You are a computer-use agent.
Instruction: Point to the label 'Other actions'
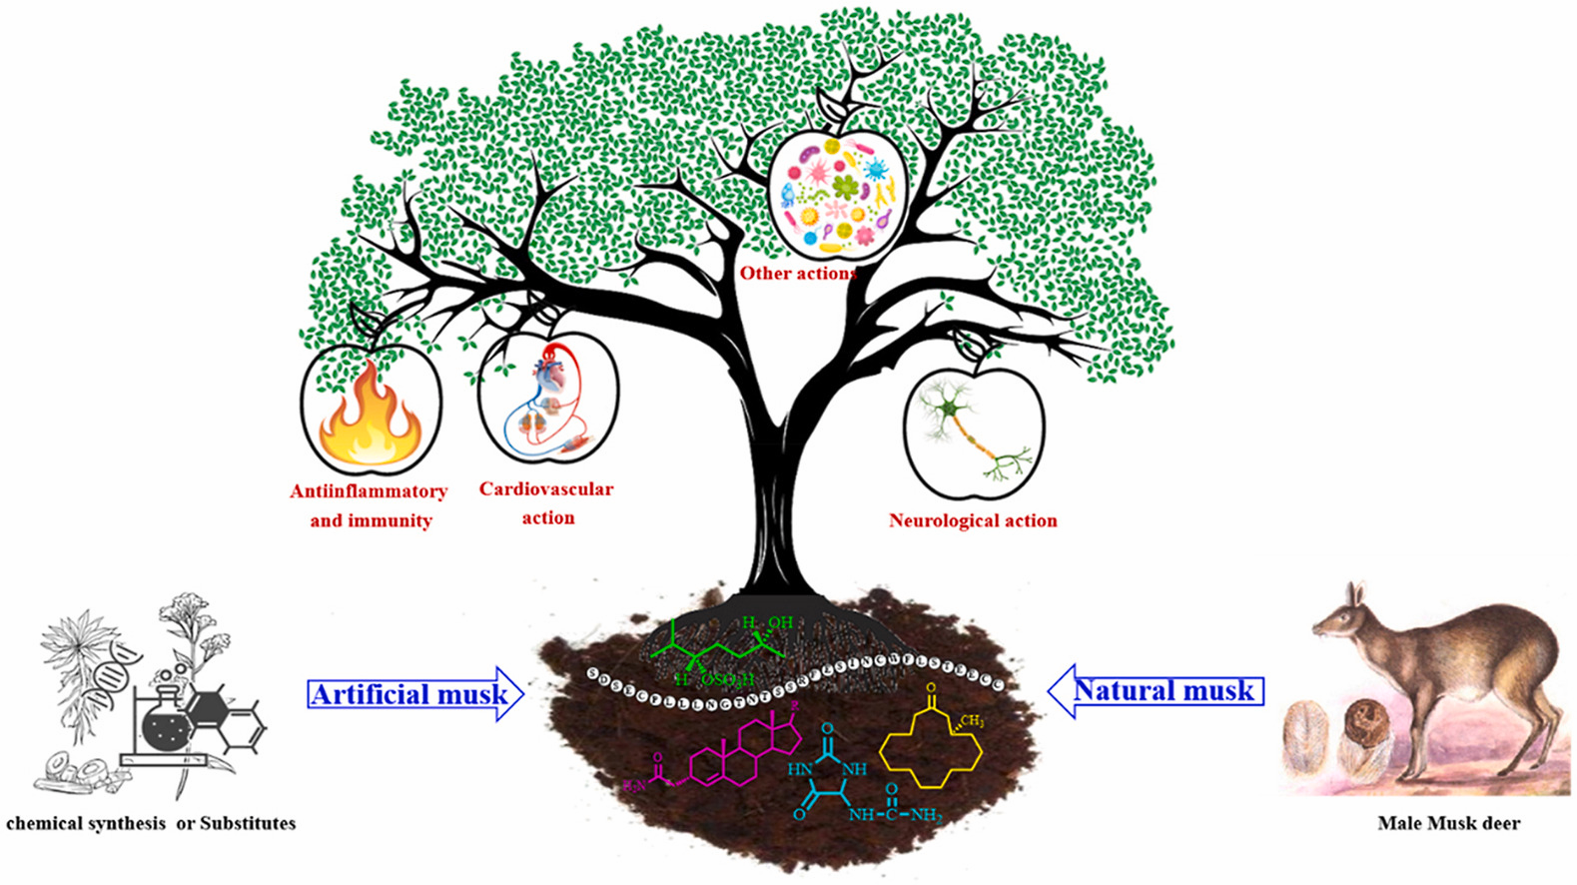pyautogui.click(x=797, y=273)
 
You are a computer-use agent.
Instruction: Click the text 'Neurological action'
pyautogui.click(x=973, y=520)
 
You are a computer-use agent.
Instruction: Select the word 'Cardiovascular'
pyautogui.click(x=546, y=489)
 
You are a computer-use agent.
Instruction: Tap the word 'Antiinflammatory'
pyautogui.click(x=369, y=491)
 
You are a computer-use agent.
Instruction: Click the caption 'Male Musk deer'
pyautogui.click(x=1448, y=824)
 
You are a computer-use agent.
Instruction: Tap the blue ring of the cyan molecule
pyautogui.click(x=828, y=770)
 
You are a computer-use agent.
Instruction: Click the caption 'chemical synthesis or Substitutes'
pyautogui.click(x=151, y=824)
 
